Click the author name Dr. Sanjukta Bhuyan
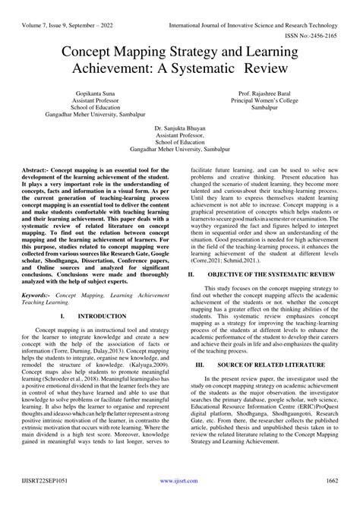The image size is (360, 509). pyautogui.click(x=180, y=151)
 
